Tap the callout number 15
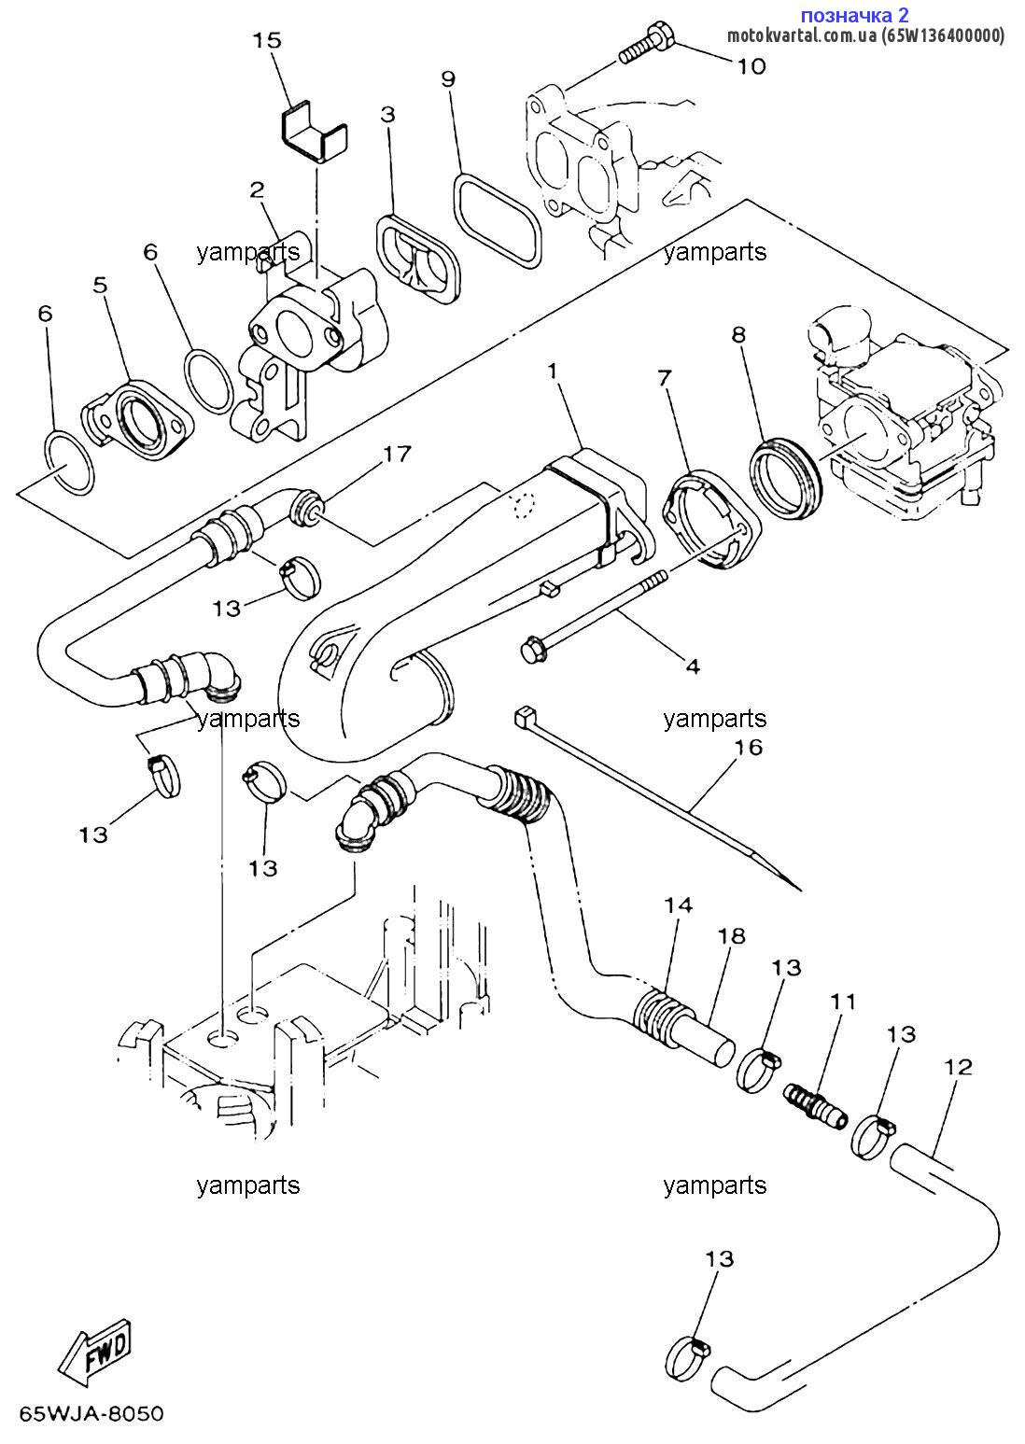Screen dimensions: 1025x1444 click(267, 41)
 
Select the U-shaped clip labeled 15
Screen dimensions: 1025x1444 click(314, 133)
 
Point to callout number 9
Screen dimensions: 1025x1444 click(448, 79)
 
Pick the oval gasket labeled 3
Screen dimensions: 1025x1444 click(419, 259)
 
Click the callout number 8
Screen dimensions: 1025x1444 click(738, 334)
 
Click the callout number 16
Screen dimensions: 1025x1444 click(748, 747)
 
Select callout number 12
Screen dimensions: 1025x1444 click(957, 1067)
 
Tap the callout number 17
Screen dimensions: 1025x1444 click(397, 455)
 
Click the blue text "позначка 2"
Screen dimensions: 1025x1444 click(854, 14)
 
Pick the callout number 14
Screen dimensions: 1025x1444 click(678, 905)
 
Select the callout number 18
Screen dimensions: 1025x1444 click(731, 936)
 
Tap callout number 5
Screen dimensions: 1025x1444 click(100, 285)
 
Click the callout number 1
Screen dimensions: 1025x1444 click(553, 371)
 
